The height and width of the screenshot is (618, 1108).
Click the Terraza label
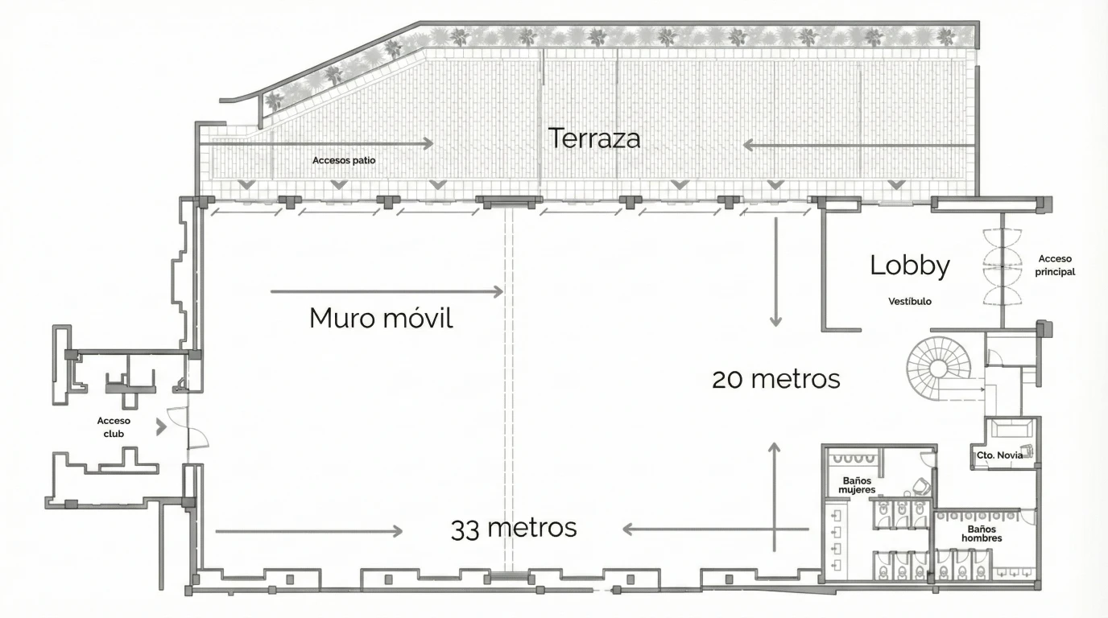[x=594, y=138]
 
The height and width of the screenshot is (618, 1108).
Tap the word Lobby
[x=910, y=266]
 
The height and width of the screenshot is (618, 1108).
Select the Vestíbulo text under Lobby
[x=910, y=301]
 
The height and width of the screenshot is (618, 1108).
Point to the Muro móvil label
[x=381, y=318]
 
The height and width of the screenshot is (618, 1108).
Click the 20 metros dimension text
[x=775, y=380]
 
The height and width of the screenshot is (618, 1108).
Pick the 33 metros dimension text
[x=514, y=529]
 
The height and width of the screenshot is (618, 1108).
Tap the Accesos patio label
[x=344, y=160]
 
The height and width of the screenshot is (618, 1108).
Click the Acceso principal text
[x=1055, y=265]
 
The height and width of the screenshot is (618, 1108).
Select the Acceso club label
[x=114, y=427]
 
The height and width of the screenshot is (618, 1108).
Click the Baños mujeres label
[x=857, y=485]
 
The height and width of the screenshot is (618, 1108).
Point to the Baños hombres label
[x=982, y=534]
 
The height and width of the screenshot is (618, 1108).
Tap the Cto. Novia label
[x=999, y=455]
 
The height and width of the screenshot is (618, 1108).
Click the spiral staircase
[x=938, y=369]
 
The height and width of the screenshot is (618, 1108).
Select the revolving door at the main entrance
[x=1003, y=266]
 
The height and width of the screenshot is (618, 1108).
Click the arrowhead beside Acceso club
[x=161, y=427]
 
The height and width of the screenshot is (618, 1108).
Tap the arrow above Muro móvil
[x=387, y=291]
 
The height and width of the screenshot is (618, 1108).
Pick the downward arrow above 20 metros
[x=775, y=272]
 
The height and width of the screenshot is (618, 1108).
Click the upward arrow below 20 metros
[x=775, y=496]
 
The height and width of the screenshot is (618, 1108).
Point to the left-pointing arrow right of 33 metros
[x=716, y=529]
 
